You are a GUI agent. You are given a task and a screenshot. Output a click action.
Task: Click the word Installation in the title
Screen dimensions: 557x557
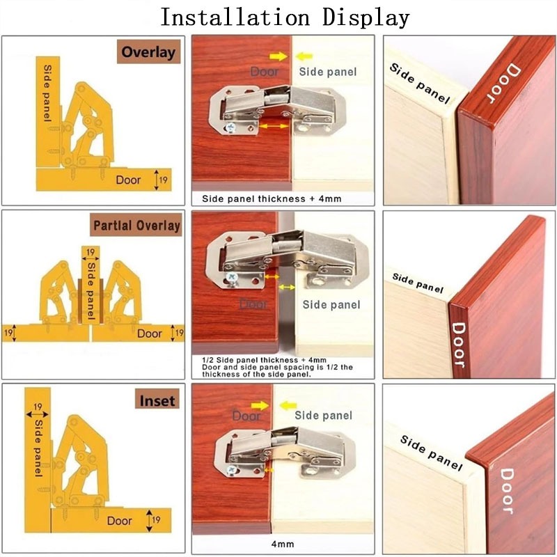[235, 17]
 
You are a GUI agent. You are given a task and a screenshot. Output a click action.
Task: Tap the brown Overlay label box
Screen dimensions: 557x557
[148, 52]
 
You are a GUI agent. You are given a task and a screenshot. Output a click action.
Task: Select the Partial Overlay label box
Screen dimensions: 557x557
[136, 225]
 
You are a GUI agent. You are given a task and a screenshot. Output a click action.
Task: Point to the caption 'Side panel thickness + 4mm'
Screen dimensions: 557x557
[272, 198]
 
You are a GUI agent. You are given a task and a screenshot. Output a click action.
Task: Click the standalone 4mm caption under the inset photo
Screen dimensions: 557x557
[283, 544]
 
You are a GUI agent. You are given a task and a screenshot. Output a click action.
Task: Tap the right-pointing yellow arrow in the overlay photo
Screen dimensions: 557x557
[278, 56]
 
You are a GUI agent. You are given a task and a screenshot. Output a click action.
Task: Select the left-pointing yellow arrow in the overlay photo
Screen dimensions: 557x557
[304, 56]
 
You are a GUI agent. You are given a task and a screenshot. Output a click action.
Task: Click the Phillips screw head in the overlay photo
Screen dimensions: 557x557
[231, 127]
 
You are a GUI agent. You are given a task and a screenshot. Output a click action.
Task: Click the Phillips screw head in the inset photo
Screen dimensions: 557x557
[232, 470]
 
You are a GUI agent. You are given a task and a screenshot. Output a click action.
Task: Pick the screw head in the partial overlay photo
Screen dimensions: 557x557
[232, 277]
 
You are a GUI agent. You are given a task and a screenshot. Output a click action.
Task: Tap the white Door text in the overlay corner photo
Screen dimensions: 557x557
[503, 84]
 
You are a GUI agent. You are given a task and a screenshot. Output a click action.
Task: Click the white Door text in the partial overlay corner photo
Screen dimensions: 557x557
[459, 345]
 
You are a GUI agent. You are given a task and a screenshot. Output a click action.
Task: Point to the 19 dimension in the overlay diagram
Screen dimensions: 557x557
[163, 180]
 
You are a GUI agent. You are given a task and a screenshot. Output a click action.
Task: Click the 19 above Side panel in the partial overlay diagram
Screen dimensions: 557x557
[91, 252]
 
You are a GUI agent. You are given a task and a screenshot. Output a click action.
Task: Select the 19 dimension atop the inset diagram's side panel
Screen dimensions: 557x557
[38, 407]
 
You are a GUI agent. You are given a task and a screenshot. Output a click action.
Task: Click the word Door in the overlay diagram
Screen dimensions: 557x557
[128, 180]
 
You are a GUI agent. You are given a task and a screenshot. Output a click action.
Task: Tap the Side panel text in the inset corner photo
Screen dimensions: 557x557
[431, 453]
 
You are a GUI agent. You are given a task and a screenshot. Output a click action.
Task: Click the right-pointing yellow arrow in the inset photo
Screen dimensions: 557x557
[260, 406]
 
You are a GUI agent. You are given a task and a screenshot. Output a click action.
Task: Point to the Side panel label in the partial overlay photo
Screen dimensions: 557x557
[331, 305]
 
